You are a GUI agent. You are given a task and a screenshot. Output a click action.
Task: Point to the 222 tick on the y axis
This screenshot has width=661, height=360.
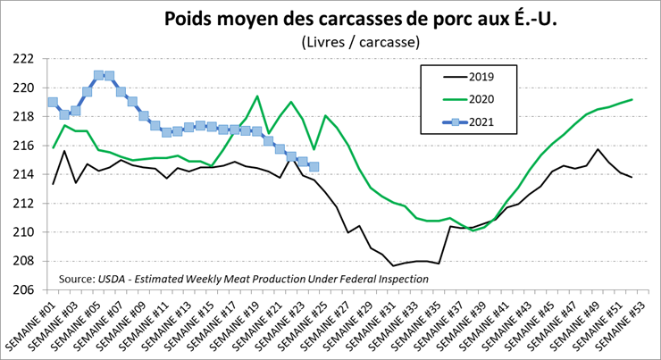(22, 59)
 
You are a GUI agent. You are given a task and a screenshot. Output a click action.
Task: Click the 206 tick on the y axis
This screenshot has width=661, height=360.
(22, 290)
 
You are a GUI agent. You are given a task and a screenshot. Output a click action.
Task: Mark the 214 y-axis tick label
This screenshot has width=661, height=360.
(22, 174)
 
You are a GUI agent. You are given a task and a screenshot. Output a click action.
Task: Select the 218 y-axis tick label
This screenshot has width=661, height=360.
(22, 116)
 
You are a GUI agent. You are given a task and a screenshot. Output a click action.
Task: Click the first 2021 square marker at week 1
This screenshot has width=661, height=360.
(53, 103)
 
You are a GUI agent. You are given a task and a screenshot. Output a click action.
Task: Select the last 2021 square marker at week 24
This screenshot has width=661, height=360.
(314, 166)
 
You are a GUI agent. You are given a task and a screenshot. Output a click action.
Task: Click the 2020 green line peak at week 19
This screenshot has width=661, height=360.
(257, 96)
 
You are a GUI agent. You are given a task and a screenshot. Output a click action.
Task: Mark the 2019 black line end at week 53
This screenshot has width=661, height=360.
(632, 178)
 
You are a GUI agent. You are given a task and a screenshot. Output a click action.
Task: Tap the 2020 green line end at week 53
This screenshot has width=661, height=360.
(632, 99)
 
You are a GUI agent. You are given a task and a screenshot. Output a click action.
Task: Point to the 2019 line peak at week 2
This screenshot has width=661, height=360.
(64, 151)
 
